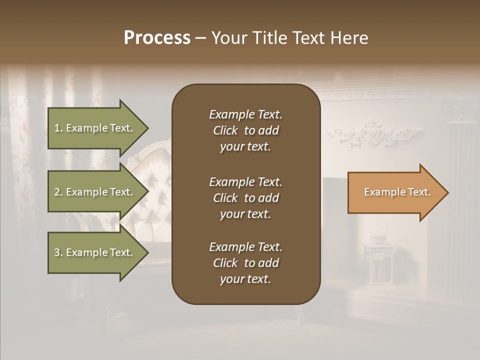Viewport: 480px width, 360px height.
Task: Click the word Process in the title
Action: pos(157,38)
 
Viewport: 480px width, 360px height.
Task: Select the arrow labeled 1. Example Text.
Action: pos(95,128)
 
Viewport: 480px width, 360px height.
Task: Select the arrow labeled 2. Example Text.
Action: pos(95,192)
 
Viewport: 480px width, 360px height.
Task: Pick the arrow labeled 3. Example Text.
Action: pos(95,252)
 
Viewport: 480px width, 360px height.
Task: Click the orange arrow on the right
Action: pos(395,192)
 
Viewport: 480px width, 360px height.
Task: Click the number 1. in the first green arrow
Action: pos(58,128)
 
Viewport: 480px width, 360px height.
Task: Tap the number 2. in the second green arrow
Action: pos(58,192)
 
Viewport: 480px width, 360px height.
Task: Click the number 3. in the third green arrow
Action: pos(58,253)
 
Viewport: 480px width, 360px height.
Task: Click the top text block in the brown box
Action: pos(245,130)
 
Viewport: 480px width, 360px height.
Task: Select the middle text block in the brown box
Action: pos(245,198)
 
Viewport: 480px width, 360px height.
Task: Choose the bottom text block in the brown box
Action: pos(245,263)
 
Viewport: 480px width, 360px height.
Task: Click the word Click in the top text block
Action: pos(225,131)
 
